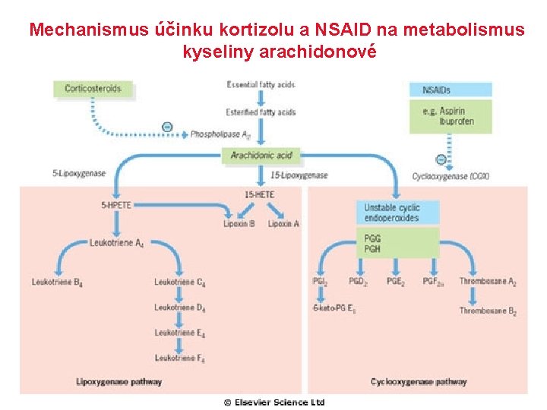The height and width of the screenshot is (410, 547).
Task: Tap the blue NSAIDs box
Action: [x=451, y=90]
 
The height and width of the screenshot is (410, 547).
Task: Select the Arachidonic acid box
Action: [x=261, y=156]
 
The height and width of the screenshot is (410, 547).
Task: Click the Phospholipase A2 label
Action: [x=220, y=134]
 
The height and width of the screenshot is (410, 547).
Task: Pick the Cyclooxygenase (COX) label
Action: [x=451, y=176]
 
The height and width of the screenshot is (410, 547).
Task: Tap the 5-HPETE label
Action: [x=115, y=204]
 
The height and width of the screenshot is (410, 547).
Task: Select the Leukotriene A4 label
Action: [x=116, y=243]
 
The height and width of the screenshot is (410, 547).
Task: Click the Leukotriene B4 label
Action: [x=57, y=282]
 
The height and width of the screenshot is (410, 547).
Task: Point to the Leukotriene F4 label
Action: [x=180, y=358]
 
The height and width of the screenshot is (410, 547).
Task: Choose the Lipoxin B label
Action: [x=239, y=224]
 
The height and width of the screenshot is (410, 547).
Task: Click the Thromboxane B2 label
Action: [x=488, y=311]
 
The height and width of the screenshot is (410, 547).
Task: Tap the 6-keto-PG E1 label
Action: [x=334, y=308]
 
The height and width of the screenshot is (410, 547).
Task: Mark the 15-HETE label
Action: [x=260, y=194]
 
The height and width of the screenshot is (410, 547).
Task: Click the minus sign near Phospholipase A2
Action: [x=167, y=127]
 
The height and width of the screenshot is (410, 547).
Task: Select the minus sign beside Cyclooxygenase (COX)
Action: [x=441, y=159]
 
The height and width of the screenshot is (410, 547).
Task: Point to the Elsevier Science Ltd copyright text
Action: [x=274, y=402]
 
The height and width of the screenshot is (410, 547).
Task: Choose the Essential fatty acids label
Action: [x=261, y=84]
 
